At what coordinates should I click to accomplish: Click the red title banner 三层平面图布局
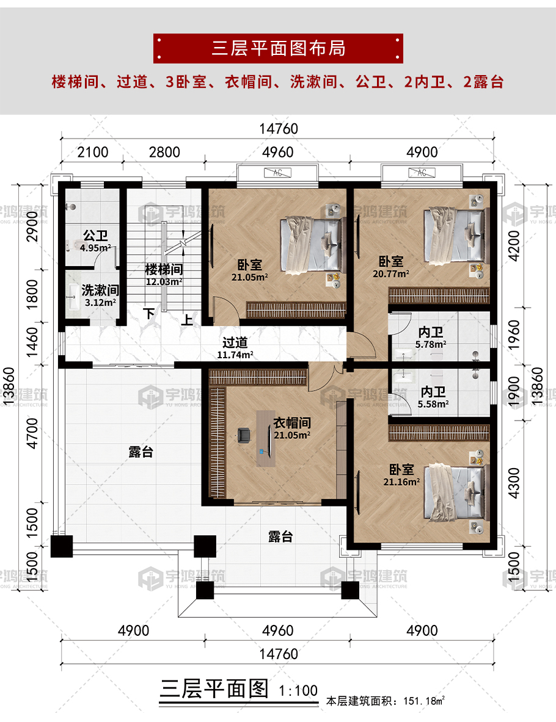tap(278, 48)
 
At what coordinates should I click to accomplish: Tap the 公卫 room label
tap(95, 236)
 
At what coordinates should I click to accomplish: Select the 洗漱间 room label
tap(100, 290)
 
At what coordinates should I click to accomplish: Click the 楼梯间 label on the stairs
tap(164, 269)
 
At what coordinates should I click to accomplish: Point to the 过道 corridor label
tap(235, 342)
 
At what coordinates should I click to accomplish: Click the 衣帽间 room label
tap(292, 423)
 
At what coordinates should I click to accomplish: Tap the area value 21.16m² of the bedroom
tap(401, 482)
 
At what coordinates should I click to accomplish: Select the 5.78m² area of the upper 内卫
tap(431, 344)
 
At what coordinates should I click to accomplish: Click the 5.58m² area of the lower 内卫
tap(433, 404)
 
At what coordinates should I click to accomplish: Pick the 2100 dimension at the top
tap(93, 153)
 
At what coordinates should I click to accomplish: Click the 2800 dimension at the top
tap(164, 153)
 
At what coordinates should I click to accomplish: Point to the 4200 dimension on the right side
tap(514, 246)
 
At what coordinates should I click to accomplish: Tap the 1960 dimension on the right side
tap(514, 334)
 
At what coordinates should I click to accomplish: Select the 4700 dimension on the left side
tap(32, 433)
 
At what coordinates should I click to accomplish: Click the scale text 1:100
tap(298, 691)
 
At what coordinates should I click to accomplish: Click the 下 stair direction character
tap(148, 314)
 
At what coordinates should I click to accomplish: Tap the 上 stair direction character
tap(187, 320)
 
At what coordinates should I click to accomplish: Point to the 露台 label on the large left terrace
tap(141, 452)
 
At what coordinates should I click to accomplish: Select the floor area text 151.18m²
tap(424, 701)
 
